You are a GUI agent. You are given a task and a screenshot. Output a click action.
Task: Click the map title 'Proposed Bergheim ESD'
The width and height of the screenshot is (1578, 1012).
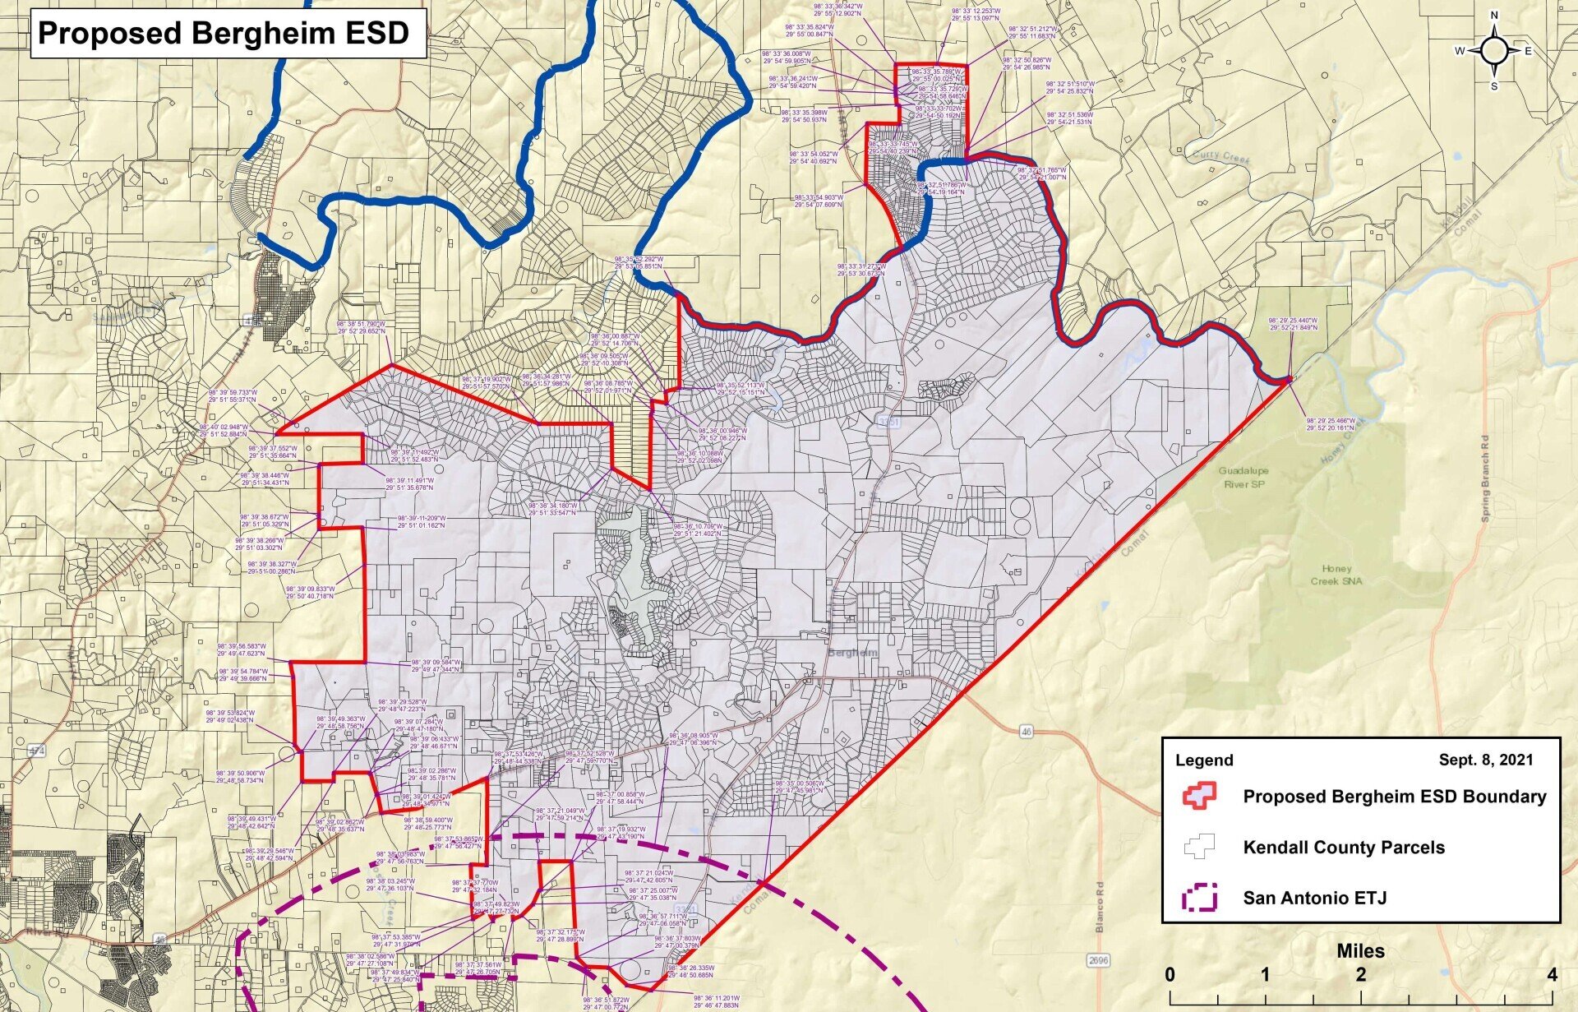coord(224,33)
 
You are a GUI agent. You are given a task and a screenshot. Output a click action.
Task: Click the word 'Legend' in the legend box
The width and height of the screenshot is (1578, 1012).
coord(1204,760)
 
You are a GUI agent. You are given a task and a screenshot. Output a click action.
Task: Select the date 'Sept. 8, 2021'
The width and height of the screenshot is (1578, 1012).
coord(1485,760)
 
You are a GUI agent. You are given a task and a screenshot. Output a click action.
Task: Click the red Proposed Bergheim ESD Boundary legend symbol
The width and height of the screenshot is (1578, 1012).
coord(1199,796)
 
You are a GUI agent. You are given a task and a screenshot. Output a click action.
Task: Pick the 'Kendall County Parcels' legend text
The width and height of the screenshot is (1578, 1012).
coord(1344,847)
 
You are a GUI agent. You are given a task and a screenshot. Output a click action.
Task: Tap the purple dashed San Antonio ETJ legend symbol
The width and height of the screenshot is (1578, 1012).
coord(1199,898)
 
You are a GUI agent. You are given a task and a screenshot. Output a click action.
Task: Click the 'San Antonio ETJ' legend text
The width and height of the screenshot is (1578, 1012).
coord(1314,898)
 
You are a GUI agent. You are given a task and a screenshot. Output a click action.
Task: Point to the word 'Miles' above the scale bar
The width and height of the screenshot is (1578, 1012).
coord(1360,951)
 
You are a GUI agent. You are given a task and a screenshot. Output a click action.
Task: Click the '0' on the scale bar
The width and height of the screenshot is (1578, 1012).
coord(1170,975)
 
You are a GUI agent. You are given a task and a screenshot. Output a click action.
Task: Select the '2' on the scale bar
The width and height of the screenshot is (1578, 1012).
coord(1361,975)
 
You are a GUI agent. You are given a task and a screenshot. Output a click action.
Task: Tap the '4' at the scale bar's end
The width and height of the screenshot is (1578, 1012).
coord(1552,975)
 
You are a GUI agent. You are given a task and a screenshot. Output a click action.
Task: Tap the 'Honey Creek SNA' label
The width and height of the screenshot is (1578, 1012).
coord(1336,575)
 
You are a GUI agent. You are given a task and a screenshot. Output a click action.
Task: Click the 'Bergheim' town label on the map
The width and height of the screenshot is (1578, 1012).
coord(855,653)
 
